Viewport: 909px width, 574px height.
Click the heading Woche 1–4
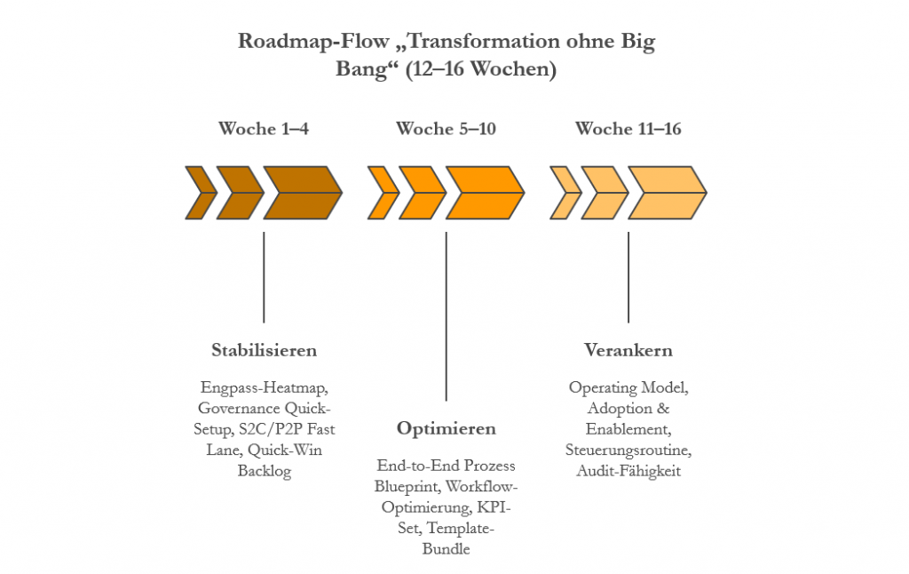[x=264, y=129]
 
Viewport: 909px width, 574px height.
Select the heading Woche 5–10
[x=446, y=129]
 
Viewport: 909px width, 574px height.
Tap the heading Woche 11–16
[x=628, y=129]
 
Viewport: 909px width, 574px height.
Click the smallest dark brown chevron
[x=199, y=192]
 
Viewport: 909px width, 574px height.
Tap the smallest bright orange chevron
[x=381, y=192]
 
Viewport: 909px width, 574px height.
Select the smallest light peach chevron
[x=563, y=192]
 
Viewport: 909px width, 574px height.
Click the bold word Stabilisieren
[x=264, y=349]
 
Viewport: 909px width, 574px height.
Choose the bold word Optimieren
[x=446, y=429]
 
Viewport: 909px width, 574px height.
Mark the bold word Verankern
[x=628, y=349]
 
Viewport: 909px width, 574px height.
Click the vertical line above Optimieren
[x=446, y=315]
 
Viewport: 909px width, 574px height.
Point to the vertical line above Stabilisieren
[x=264, y=277]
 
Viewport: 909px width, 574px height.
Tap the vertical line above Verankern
[x=628, y=277]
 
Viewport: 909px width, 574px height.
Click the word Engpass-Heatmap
[x=264, y=388]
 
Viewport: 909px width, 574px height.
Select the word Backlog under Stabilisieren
[x=264, y=471]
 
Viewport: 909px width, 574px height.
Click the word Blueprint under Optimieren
[x=406, y=487]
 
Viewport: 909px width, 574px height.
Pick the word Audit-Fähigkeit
[x=628, y=471]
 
